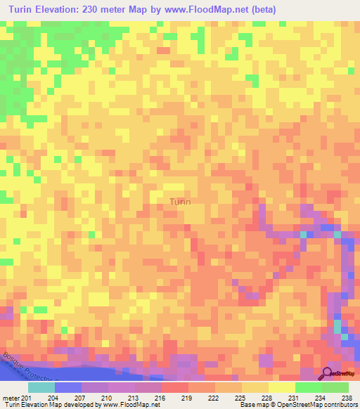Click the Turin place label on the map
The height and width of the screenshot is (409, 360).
180,202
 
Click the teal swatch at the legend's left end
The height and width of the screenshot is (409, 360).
41,387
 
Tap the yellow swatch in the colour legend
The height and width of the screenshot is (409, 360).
281,387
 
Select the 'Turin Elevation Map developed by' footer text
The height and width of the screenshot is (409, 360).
49,404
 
